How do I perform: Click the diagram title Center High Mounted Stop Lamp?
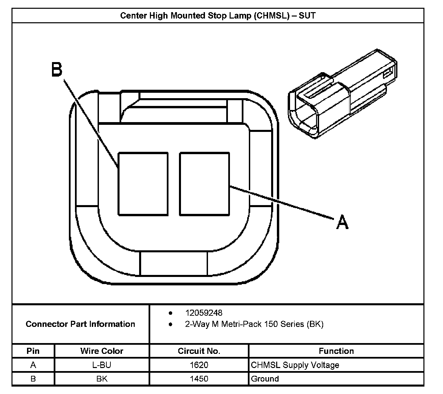218,16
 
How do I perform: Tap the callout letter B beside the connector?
57,70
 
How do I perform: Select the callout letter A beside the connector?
342,222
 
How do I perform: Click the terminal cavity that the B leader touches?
143,184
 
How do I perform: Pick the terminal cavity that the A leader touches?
205,184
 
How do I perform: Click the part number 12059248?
204,313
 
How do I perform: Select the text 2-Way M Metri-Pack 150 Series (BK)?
254,324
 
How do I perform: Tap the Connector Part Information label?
80,324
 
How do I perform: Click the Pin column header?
33,351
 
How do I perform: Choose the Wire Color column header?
102,351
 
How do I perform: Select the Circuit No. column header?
199,351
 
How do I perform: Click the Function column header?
336,351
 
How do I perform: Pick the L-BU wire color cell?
102,365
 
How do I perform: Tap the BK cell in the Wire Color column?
102,379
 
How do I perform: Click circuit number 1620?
199,365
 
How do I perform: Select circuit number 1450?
199,379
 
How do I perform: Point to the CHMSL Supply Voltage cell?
295,365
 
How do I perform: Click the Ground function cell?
265,379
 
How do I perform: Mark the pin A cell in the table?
33,365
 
